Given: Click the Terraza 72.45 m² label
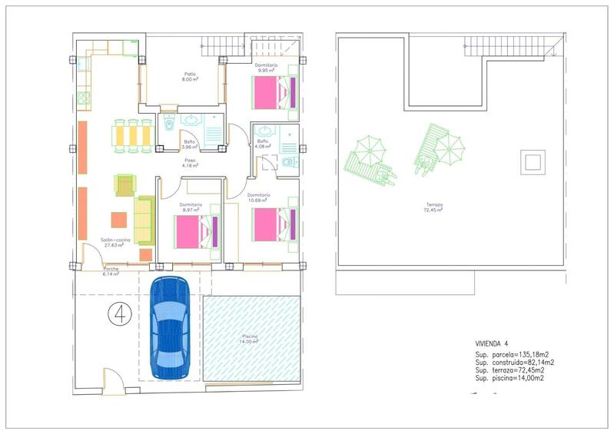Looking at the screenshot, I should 436,207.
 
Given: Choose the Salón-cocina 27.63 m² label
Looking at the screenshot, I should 113,243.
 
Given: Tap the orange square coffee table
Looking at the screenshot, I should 120,220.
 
